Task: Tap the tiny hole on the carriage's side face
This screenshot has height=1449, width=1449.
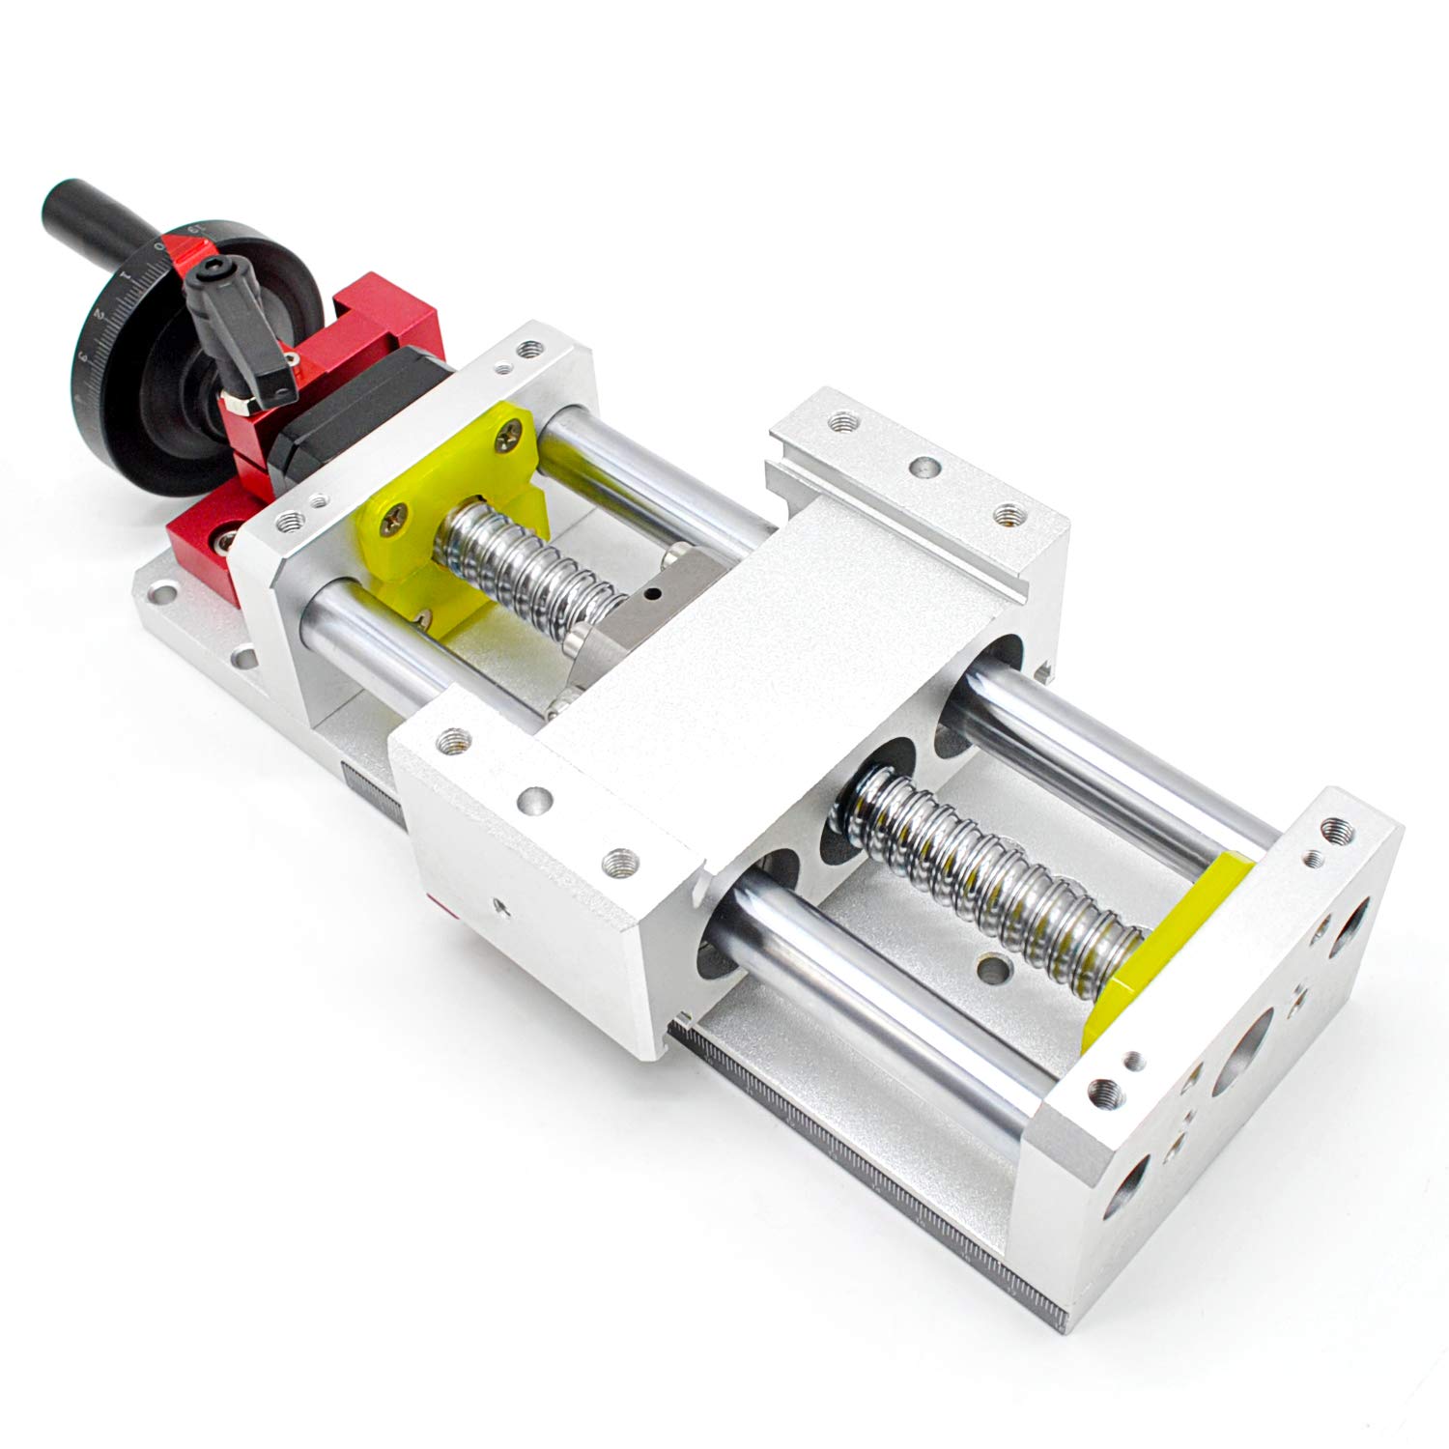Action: pos(498,904)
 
